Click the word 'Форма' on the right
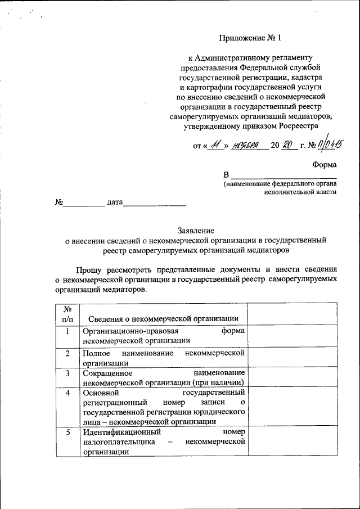pos(325,165)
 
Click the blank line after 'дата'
pos(155,204)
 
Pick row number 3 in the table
pos(67,373)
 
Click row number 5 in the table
pos(67,433)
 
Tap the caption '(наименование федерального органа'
pos(280,183)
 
